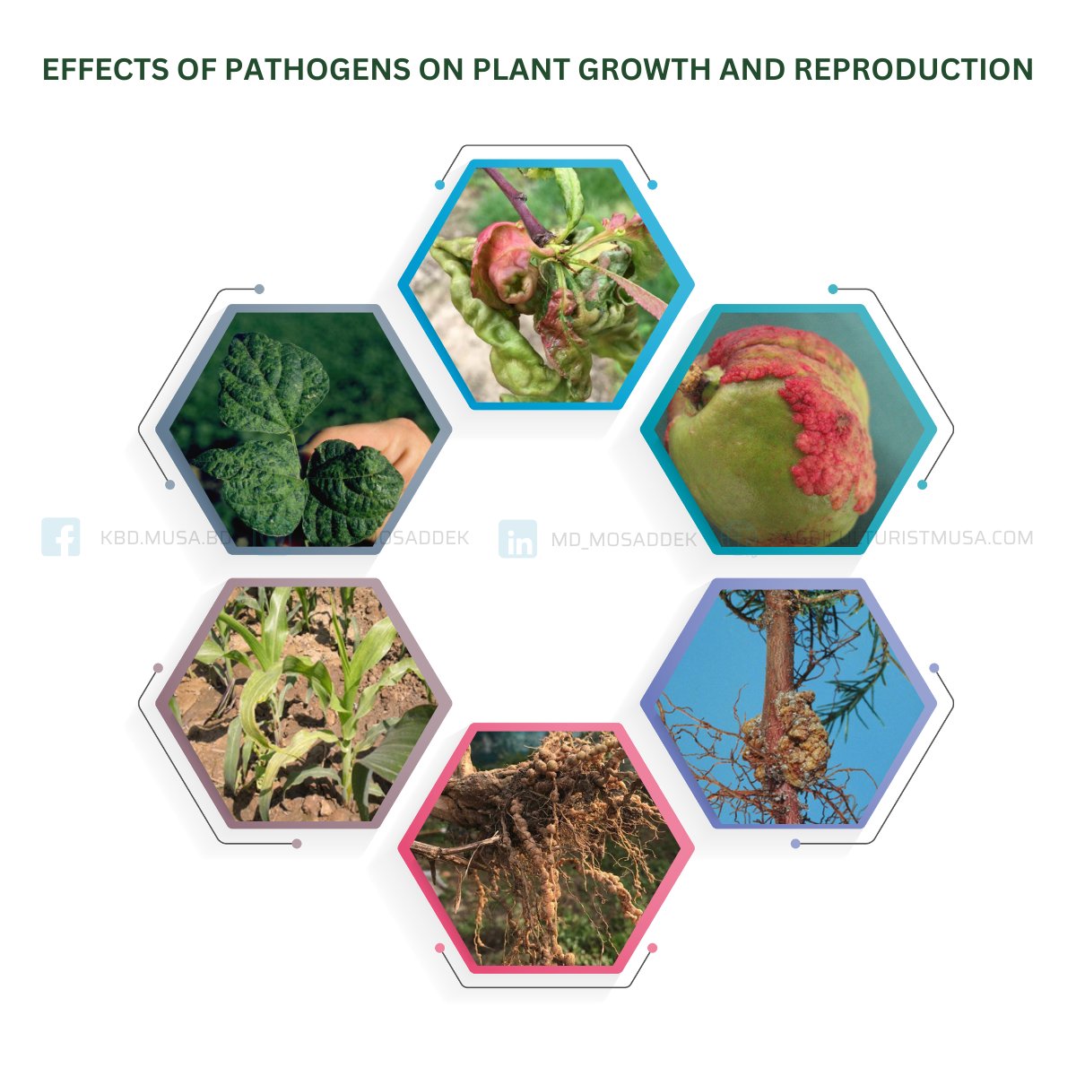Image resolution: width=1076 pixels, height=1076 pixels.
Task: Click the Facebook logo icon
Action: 61,537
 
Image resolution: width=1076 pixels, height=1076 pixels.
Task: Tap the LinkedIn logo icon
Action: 517,538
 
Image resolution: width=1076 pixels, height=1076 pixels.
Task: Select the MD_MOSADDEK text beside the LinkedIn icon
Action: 623,539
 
